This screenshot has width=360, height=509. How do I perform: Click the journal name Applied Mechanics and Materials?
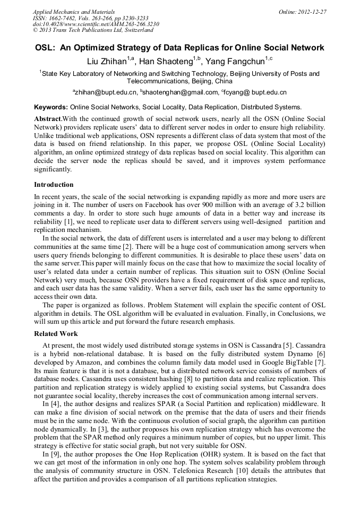pyautogui.click(x=74, y=11)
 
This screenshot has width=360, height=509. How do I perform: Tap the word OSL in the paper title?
pyautogui.click(x=45, y=48)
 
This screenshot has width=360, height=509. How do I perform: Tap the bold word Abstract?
pyautogui.click(x=47, y=119)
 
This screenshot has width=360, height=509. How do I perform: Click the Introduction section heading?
pyautogui.click(x=54, y=185)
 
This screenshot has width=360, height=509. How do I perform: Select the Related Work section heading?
pyautogui.click(x=56, y=334)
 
